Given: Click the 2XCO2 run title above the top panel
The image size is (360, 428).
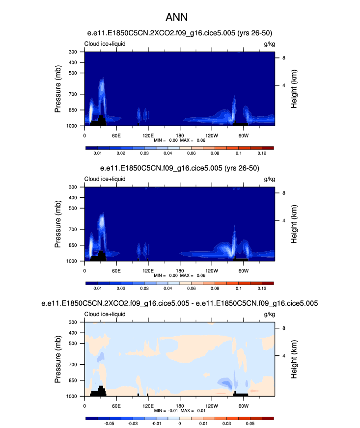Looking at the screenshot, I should point(180,33).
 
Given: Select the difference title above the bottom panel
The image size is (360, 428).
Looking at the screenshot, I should point(180,304).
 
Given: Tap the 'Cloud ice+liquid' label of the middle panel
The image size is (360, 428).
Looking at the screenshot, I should point(105,179).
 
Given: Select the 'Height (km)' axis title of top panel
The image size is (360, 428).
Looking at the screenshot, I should point(293,88).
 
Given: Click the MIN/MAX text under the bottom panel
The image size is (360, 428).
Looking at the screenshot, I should point(180,410).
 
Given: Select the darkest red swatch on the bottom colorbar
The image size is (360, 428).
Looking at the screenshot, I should point(268,418).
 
